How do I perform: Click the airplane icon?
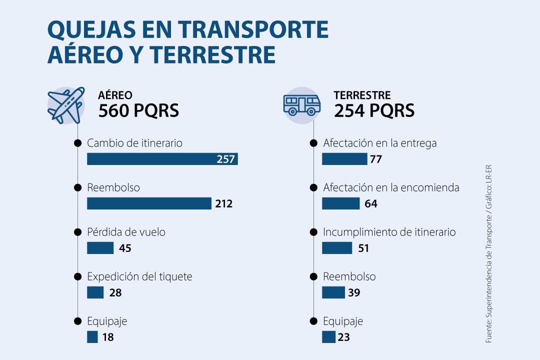coord(65,105)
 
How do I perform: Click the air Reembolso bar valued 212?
coord(149,203)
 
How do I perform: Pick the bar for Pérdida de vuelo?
coord(100,248)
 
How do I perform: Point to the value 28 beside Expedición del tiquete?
coord(115,293)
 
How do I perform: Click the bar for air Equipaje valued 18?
coord(92,337)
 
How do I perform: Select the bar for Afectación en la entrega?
coord(344,159)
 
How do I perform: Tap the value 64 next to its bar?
coord(371,204)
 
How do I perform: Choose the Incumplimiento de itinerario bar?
coord(337,248)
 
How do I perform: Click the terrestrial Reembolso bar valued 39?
coord(333,292)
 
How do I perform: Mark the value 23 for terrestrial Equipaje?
coord(343,337)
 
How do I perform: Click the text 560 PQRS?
coord(138,110)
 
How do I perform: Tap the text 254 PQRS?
coord(374,110)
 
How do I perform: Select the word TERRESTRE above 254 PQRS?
coord(362,95)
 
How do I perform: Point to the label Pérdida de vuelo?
coord(126,232)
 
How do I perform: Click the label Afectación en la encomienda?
coord(391,188)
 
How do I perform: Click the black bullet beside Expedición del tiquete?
coord(77,276)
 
